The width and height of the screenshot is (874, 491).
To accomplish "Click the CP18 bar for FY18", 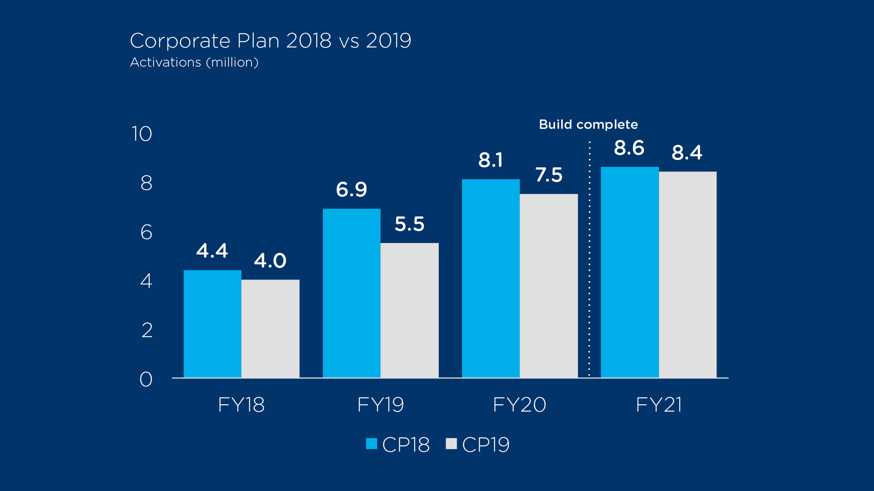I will pos(212,324).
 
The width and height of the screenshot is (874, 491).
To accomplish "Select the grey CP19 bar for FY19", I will pos(409,310).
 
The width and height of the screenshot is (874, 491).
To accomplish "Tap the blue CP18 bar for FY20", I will pos(491,278).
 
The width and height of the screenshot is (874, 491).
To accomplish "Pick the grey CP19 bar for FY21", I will pos(688,274).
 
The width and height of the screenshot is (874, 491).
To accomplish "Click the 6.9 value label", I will pos(351,190).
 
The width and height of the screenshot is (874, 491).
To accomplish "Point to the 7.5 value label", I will pos(549,175).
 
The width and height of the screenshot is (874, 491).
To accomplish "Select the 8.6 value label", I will pos(629,148).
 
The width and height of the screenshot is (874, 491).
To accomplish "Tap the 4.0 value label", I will pos(270,261).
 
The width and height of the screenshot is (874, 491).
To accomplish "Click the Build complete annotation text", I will pos(588,124).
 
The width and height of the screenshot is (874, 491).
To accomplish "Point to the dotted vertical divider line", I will pos(589,259).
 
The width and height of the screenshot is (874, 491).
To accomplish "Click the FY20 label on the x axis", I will pos(519,405).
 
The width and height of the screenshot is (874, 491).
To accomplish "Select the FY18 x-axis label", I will pos(241,405).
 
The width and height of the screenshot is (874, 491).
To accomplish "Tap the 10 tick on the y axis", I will pos(142,134).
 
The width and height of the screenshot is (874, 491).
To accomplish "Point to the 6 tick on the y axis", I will pos(146,233).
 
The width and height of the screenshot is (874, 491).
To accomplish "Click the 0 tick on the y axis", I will pos(146,380).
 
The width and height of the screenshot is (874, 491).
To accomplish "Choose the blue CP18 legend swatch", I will pos(371,444).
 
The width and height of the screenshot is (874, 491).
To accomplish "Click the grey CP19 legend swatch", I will pos(451,444).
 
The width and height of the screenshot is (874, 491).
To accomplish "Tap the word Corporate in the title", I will pos(180,41).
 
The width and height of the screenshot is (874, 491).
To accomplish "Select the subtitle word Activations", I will pos(166,62).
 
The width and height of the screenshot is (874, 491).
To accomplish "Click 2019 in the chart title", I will pos(389,41).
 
